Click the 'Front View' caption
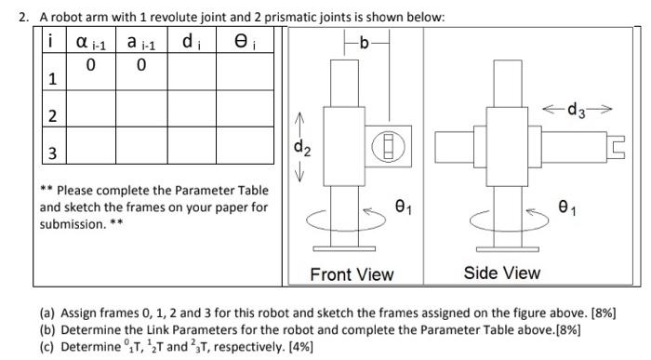pos(352,274)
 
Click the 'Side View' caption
pos(502,273)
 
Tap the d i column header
pos(192,43)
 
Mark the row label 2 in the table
pos(53,116)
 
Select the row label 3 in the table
pos(53,153)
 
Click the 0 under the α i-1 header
pos(90,65)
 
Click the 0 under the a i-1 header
pos(140,65)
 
